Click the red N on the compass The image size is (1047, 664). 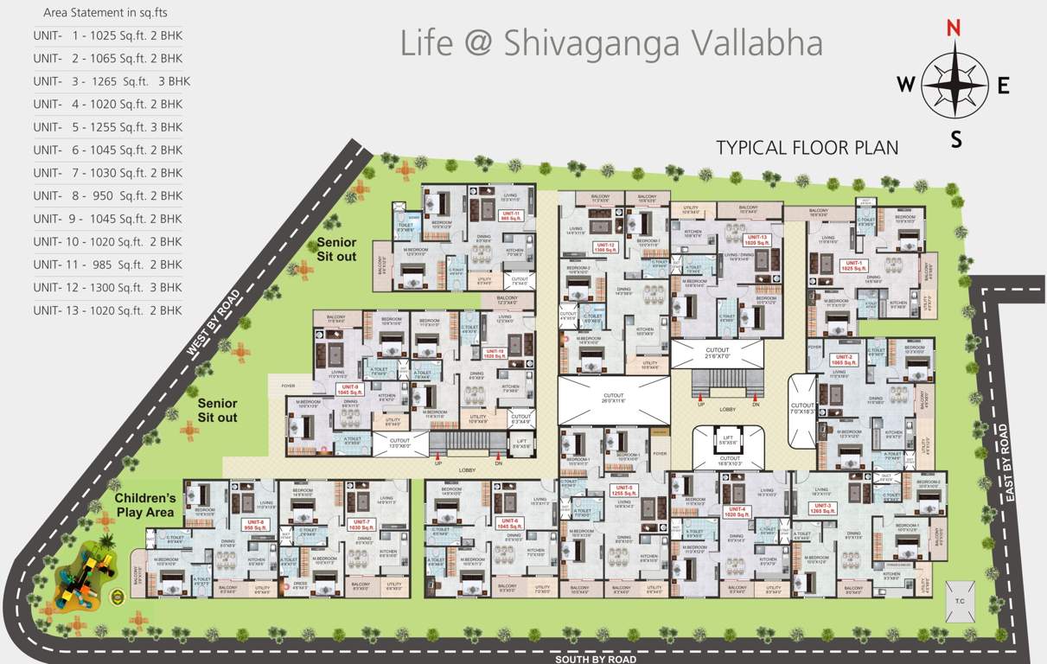pos(954,27)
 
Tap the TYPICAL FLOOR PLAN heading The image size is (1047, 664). pos(807,147)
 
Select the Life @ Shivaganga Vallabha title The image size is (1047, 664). pos(610,43)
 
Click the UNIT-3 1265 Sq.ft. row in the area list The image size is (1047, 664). pos(112,81)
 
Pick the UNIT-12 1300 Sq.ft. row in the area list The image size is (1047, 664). pos(108,287)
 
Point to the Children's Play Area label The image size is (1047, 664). pos(145,505)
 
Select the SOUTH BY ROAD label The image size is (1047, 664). pos(596,659)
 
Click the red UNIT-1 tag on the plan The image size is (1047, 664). pos(854,265)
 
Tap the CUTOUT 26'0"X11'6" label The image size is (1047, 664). pos(613,399)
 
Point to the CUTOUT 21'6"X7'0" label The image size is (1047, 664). pos(718,354)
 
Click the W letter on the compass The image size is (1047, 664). pos(905,84)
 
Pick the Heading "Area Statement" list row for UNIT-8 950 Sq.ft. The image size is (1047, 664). pos(108,195)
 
